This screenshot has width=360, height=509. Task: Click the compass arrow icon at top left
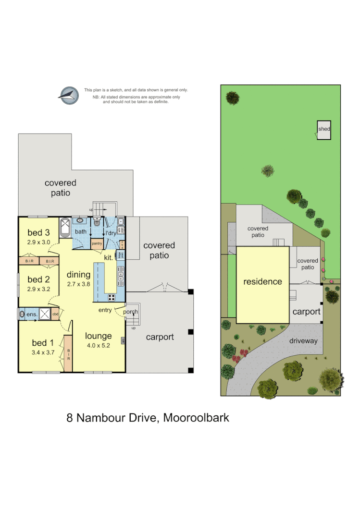pos(69,95)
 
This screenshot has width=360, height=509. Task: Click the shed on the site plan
pos(324,130)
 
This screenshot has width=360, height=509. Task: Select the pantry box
pos(97,244)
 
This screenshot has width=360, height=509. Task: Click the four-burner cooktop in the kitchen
pos(112,296)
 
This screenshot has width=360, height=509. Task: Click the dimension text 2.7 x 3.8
pos(78,283)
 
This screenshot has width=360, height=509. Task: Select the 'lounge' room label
pos(99,336)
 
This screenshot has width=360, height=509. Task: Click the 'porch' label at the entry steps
pos(130,312)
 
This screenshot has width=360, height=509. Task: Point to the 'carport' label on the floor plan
pos(160,337)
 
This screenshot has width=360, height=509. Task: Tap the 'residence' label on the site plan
pos(262,281)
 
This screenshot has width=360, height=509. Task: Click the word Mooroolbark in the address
pos(196,417)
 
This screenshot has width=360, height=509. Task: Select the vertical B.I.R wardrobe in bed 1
pos(68,354)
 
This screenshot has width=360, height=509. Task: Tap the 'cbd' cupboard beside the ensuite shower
pos(55,315)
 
